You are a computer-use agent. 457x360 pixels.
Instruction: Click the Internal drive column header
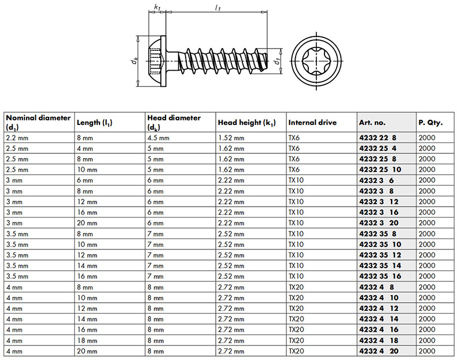[312, 123]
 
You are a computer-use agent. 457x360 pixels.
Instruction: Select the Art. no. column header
[373, 123]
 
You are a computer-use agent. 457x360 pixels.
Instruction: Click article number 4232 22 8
[378, 138]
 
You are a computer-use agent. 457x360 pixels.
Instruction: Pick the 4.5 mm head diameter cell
[159, 138]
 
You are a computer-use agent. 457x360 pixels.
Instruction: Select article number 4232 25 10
[380, 170]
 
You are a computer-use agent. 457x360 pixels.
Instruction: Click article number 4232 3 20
[379, 223]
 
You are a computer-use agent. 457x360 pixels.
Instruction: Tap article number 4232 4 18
[379, 340]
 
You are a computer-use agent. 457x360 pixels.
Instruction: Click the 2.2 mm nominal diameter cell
[17, 138]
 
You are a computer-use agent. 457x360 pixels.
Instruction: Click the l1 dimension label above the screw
[217, 8]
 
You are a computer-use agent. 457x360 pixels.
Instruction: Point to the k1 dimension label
[157, 8]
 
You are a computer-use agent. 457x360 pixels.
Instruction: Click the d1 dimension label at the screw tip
[278, 60]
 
